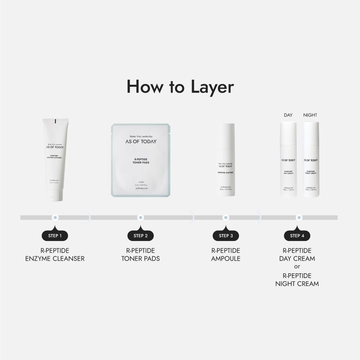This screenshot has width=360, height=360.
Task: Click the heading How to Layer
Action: pos(180,87)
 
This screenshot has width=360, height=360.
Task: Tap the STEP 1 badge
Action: pos(55,236)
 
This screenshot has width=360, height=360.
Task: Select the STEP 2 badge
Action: pos(140,236)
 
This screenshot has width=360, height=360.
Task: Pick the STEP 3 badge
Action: pos(226,236)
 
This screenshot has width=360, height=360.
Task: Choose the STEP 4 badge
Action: pos(297,236)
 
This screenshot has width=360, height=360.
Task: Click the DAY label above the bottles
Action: pos(288,115)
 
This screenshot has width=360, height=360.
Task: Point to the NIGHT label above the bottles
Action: pos(310,115)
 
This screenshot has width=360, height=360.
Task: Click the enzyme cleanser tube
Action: pos(55,157)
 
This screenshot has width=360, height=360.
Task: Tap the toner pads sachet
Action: pos(140,160)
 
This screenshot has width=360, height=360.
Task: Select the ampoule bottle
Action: pos(226,160)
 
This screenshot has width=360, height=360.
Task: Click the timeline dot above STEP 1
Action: pos(55,218)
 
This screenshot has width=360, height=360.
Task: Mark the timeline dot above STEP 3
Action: pos(226,218)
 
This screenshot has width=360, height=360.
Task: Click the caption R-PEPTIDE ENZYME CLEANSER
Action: pos(55,254)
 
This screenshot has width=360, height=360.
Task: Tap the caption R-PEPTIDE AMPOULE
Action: pos(226,254)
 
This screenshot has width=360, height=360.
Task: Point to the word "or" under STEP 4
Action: pos(297,267)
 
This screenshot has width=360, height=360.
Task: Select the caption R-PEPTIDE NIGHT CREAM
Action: pos(297,280)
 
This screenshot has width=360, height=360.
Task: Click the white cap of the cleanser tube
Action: pos(55,195)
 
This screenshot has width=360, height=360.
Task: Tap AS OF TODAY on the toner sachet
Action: pos(141,141)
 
